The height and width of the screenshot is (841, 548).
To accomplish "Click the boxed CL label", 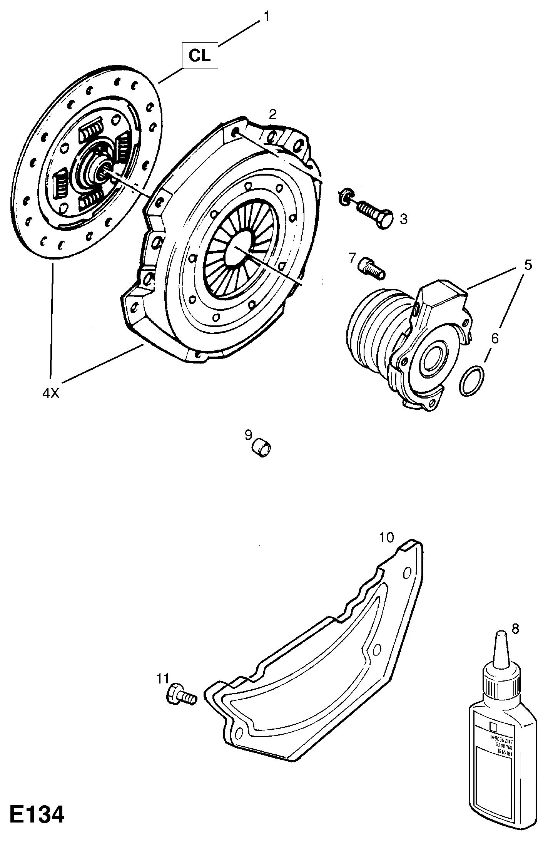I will click(x=200, y=56).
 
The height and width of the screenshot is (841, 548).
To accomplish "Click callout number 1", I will click(x=266, y=17).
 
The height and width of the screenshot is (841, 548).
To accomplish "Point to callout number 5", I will click(x=527, y=265).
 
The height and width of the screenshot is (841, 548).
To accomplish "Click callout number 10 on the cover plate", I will click(x=386, y=537).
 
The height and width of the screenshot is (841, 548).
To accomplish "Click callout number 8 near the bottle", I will click(x=515, y=628).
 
